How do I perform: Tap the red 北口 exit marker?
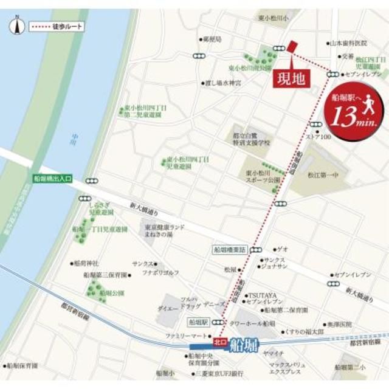point(220,342)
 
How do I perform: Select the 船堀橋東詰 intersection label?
point(230,249)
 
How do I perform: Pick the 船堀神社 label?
point(86,263)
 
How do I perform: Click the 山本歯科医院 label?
point(349,43)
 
